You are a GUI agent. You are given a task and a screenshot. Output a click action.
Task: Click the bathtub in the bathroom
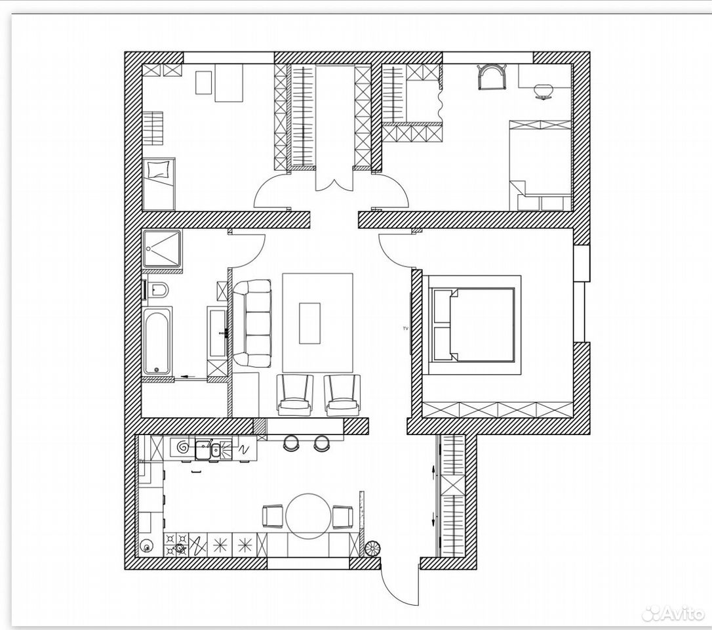(157, 342)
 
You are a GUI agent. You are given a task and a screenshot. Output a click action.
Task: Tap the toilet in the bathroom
(157, 290)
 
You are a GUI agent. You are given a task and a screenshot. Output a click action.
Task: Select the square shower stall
(162, 249)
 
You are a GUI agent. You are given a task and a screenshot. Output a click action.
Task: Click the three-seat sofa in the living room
(252, 324)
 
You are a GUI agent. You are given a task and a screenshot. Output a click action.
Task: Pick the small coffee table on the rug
(309, 323)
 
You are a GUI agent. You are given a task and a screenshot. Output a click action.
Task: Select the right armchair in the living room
(342, 395)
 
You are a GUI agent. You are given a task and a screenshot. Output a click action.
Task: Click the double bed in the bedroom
(473, 325)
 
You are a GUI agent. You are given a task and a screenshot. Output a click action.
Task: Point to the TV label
(405, 327)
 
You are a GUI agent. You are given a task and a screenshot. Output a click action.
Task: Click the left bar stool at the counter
(292, 443)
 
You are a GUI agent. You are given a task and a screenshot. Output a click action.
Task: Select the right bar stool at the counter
(321, 443)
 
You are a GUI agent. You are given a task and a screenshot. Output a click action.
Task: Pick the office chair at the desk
(544, 91)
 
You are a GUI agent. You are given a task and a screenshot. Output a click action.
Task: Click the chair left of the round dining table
(274, 517)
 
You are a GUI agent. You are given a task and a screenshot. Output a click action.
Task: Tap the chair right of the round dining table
(342, 517)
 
